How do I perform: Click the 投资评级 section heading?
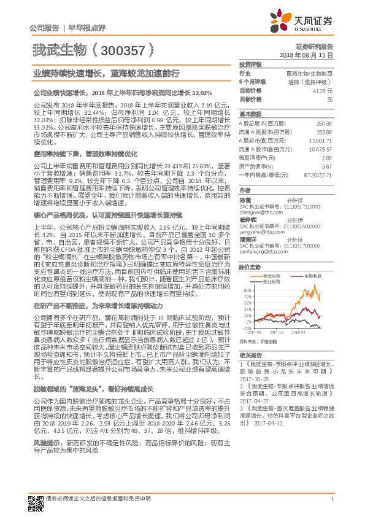pos(250,64)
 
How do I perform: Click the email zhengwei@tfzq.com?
pos(259,212)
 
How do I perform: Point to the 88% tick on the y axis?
pos(248,290)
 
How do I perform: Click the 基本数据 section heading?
pos(250,114)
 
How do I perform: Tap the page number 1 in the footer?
pos(331,506)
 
